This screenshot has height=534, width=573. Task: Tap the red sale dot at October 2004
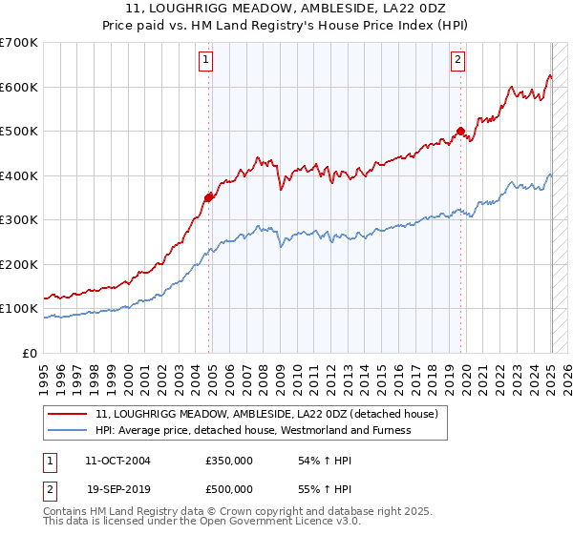[x=209, y=197]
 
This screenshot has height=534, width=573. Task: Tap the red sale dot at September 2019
[x=460, y=132]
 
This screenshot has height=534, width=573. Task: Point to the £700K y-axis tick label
[x=19, y=43]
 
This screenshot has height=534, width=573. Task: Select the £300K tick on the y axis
[x=19, y=220]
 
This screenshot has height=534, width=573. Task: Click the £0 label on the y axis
[x=29, y=354]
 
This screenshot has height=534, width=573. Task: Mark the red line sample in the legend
[x=68, y=414]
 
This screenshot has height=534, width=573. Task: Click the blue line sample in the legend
[x=68, y=430]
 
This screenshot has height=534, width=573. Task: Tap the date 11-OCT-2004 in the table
[x=117, y=461]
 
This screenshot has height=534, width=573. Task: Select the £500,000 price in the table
[x=229, y=487]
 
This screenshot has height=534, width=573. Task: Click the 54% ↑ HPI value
[x=309, y=461]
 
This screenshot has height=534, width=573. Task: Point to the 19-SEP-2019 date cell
[x=117, y=487]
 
